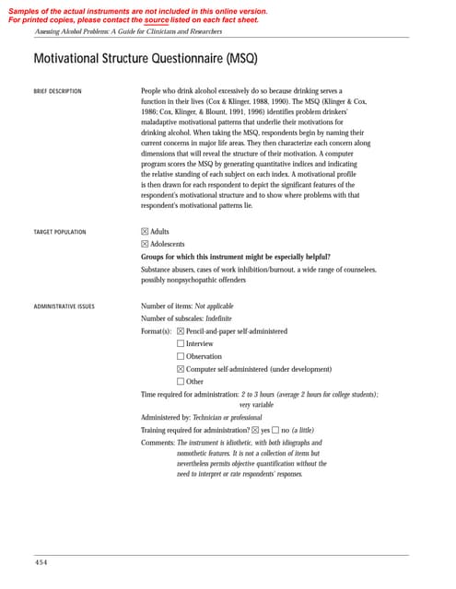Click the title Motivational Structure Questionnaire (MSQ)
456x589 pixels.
146,59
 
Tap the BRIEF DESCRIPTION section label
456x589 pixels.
57,92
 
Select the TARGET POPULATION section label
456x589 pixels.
60,232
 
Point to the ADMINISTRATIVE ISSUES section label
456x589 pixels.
63,306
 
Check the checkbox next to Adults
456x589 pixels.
145,232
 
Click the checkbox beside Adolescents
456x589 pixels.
145,244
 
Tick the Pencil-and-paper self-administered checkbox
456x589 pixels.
181,331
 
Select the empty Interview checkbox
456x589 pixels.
181,344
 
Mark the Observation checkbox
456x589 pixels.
181,357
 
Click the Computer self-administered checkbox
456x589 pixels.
181,370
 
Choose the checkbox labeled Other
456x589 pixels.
181,382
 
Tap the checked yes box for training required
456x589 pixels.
255,430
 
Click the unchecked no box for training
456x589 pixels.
275,430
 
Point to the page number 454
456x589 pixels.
41,561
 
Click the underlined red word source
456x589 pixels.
158,19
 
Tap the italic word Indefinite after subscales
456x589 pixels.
225,318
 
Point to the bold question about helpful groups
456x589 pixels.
235,257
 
